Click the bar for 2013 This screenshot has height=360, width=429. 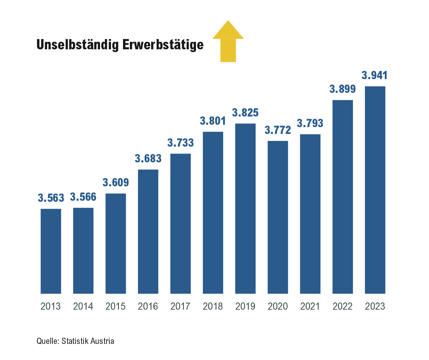pos(51,251)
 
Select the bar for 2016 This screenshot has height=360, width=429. pos(148,232)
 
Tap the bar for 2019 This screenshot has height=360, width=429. pos(245,209)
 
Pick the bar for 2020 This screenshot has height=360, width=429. pos(278,217)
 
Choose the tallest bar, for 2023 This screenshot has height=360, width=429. pos(375,190)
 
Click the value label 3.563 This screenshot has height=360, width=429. pos(51,198)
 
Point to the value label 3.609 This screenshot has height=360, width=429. pos(116,183)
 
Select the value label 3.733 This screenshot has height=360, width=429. pos(181,143)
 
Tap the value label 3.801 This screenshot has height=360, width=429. pos(213,121)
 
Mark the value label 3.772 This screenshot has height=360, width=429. pos(278,130)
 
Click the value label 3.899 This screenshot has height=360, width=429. pos(343,89)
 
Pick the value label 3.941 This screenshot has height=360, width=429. pos(375,75)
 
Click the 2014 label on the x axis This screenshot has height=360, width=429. pos(83,306)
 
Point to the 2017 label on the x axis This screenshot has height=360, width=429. pos(181,306)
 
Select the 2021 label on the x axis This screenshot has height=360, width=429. pos(310,306)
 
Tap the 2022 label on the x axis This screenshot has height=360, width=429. pos(343,306)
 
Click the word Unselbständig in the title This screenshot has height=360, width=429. pos(78,45)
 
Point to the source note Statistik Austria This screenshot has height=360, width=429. pos(88,341)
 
